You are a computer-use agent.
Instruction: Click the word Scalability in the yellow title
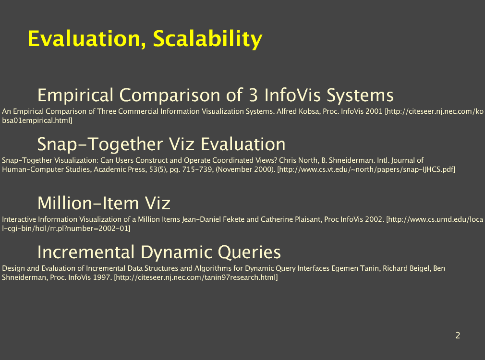point(207,39)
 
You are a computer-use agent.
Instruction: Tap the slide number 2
point(458,335)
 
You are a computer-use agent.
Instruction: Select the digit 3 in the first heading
point(254,95)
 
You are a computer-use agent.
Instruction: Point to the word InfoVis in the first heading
point(292,95)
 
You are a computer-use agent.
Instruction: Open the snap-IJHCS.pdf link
point(366,169)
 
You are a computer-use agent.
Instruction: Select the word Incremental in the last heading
point(86,252)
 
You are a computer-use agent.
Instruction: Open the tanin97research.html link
point(196,277)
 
